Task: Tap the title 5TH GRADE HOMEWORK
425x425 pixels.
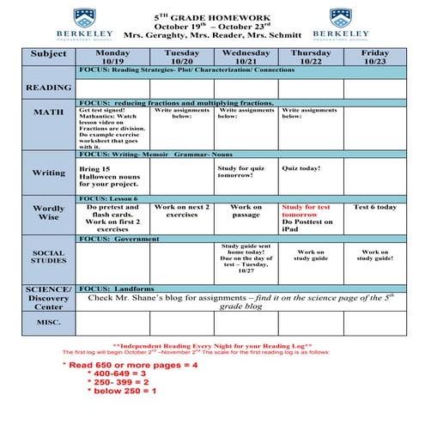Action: (212, 15)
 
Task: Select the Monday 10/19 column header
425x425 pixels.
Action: (112, 57)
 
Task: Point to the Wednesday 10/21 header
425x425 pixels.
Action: (246, 57)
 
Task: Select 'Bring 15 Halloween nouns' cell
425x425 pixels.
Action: (112, 176)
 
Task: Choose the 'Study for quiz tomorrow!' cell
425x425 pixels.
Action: (246, 173)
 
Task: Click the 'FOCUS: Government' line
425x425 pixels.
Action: (120, 239)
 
